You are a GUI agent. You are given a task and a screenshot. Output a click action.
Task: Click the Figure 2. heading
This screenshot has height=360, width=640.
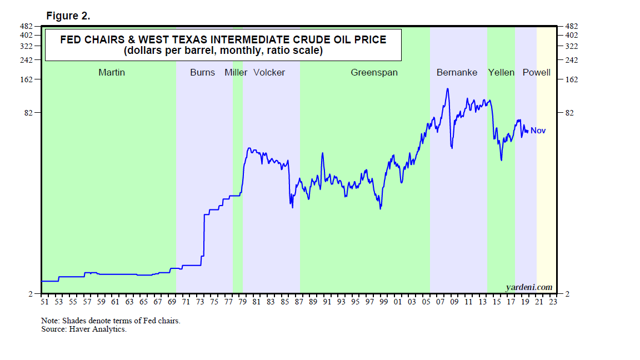pos(68,16)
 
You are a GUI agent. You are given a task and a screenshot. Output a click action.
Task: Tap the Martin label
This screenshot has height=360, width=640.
pos(112,72)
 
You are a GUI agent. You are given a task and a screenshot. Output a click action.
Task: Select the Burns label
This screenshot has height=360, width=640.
pos(202,72)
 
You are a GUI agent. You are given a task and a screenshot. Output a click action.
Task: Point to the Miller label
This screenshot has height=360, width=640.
pos(236,72)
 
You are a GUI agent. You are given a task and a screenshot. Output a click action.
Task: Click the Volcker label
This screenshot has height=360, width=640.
pos(269,72)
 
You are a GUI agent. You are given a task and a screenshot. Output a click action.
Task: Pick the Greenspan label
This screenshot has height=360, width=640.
pos(374,72)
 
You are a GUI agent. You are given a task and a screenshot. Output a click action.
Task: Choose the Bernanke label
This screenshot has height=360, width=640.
pos(457,72)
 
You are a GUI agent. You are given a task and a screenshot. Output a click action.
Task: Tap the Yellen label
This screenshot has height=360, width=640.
pos(502,72)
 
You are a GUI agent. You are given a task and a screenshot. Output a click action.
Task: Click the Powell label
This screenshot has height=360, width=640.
pos(537,72)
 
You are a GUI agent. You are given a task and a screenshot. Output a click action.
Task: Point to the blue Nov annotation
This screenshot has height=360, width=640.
pos(538,131)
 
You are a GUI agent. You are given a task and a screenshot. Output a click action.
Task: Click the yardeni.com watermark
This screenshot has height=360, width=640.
pos(529,287)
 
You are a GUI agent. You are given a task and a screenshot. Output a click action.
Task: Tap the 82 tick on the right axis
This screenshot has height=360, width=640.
pos(571,113)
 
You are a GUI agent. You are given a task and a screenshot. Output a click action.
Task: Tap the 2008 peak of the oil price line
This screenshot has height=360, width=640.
pos(447,88)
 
